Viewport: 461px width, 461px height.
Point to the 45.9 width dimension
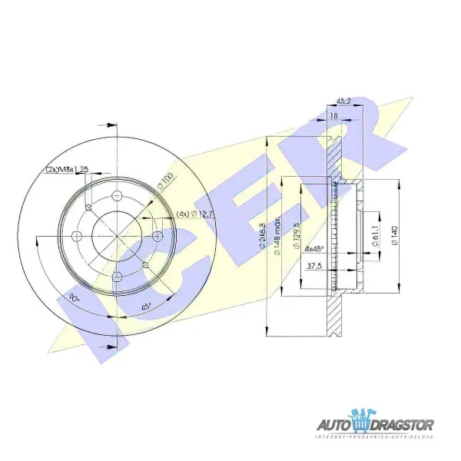[x=343, y=100]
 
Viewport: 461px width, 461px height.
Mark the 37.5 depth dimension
[x=312, y=267]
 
